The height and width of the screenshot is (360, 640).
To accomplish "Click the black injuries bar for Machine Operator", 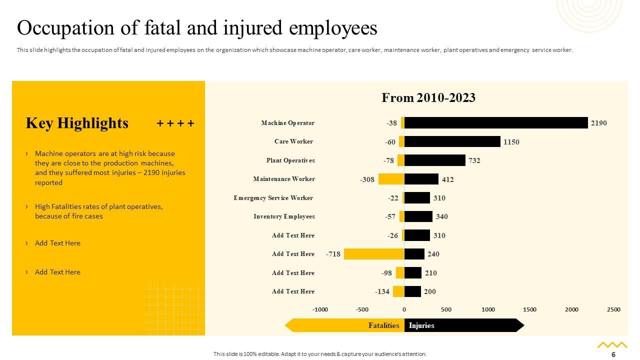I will coord(495,123).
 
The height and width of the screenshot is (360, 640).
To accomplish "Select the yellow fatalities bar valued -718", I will coord(373,254).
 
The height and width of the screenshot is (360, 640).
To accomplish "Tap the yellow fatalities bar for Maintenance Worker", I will coord(391,179).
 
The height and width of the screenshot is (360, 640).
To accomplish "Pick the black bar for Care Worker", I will coord(452,141).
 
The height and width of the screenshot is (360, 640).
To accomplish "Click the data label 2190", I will coord(598,123).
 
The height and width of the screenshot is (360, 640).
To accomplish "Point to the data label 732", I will coord(474,160).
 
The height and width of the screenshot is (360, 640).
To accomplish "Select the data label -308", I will coord(367,179).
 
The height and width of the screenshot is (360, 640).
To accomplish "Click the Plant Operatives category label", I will coord(290,160).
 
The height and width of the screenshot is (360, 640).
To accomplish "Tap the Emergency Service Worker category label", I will coord(273,198).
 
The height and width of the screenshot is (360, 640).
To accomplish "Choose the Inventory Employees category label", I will coord(284,216).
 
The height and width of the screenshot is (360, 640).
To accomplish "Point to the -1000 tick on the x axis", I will coord(320,309).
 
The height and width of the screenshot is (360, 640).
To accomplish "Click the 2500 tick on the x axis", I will coord(613,309).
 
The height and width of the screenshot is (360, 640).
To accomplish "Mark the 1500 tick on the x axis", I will coord(529,309).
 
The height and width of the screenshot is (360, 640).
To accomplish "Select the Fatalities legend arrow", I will coord(345,325).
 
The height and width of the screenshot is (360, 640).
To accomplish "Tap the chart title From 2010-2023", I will coord(428,97).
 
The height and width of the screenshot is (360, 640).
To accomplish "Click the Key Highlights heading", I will coord(77,123).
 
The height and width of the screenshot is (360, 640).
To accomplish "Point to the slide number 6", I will coord(613,354).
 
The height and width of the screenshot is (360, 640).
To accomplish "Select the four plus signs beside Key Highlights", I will coord(175,123).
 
